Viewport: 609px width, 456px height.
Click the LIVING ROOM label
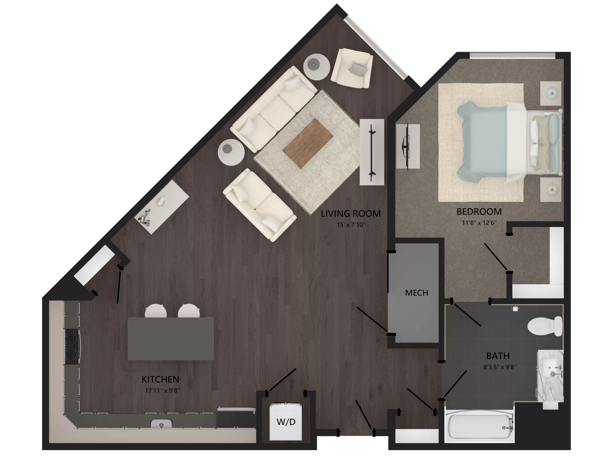point(350,213)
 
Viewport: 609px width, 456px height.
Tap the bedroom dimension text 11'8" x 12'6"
point(479,223)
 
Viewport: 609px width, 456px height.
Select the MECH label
point(417,293)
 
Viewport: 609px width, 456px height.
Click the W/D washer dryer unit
point(286,422)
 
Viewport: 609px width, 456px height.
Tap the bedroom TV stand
point(408,146)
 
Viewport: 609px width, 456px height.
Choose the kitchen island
point(171,339)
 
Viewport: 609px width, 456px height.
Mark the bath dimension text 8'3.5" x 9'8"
point(500,367)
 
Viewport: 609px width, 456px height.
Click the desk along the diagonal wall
point(162,206)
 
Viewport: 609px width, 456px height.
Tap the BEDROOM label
point(479,212)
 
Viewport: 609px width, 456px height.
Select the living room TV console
point(372,152)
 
